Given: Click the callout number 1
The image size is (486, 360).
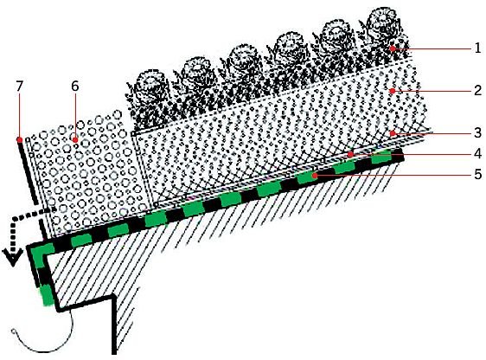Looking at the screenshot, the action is coord(477,48).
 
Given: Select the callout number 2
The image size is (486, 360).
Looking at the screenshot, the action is coord(477,90).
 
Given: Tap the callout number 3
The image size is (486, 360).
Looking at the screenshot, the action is coord(477,132).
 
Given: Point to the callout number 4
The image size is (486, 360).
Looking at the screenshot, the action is coord(477,153).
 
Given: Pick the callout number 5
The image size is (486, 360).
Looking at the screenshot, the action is coord(477,174).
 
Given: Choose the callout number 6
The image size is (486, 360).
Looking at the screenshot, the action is coord(74,87).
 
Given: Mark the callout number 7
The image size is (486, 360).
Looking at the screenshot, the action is coord(20,87).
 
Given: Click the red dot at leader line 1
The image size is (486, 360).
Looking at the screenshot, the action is coord(393,48).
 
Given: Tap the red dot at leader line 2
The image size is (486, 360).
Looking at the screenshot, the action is coord(393,91).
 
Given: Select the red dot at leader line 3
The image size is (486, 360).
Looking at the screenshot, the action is coord(393,133).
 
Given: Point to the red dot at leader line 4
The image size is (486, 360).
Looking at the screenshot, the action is coord(350,154).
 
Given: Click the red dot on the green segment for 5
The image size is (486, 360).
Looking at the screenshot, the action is coord(315,176).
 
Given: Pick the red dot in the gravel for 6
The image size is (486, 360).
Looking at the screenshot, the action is coord(75,140).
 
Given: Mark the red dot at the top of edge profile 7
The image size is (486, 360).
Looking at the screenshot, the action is coord(20,140).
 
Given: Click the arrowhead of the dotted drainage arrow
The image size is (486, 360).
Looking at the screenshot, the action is coord(12,258).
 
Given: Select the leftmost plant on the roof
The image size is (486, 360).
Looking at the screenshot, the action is coord(147,100).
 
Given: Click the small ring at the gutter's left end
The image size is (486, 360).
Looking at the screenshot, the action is coord(13,331).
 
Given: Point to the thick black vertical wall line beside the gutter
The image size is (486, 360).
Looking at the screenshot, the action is coord(114,325).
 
